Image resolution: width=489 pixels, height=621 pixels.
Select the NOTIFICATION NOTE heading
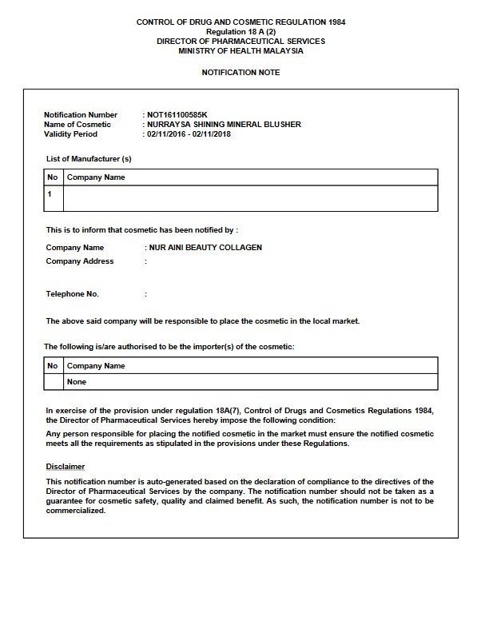click(x=241, y=73)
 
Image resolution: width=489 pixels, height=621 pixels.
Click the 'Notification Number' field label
click(x=81, y=115)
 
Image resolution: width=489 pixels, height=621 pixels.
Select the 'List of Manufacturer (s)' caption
click(x=89, y=159)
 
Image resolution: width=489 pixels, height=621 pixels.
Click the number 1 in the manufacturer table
click(x=50, y=193)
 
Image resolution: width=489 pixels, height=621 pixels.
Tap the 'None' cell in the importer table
click(x=77, y=382)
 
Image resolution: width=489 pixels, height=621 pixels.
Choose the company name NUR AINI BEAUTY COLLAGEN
click(x=205, y=248)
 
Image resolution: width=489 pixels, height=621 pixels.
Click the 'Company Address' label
click(x=80, y=261)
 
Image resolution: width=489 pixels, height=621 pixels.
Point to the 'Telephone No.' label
click(x=73, y=294)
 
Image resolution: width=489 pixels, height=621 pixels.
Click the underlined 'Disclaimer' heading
click(x=66, y=466)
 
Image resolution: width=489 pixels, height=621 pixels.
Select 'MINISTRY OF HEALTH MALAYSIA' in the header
click(x=241, y=50)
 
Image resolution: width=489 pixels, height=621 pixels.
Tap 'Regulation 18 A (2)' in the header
click(x=241, y=31)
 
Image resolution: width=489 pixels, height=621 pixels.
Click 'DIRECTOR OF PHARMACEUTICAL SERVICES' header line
click(x=241, y=41)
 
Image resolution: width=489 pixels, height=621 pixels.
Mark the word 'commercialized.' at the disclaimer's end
click(x=76, y=511)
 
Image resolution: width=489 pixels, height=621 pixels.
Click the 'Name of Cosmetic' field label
click(x=78, y=125)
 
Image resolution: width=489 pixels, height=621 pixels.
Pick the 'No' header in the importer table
click(x=53, y=366)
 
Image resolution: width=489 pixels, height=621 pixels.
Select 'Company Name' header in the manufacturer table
click(x=96, y=177)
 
